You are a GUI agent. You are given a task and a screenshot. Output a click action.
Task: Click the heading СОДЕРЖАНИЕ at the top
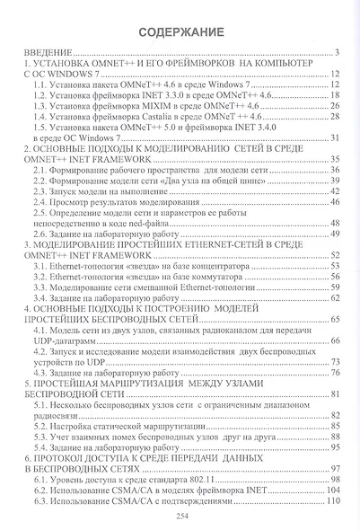180,32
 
